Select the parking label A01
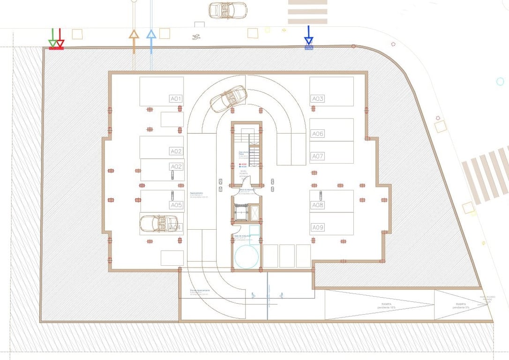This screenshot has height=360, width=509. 176,99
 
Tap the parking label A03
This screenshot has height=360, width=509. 318,98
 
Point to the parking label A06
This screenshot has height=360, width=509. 318,134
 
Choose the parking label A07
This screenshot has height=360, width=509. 318,156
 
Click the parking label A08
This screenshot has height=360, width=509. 318,205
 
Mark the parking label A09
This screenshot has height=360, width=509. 318,227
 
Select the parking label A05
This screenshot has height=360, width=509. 176,205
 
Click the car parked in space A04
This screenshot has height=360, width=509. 159,223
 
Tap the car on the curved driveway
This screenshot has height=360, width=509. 228,98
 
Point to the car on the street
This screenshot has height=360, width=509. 227,10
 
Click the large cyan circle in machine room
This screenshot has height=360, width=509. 247,256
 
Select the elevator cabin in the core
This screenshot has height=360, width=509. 240,214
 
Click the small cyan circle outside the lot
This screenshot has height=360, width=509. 500,82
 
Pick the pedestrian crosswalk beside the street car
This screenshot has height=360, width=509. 307,11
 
